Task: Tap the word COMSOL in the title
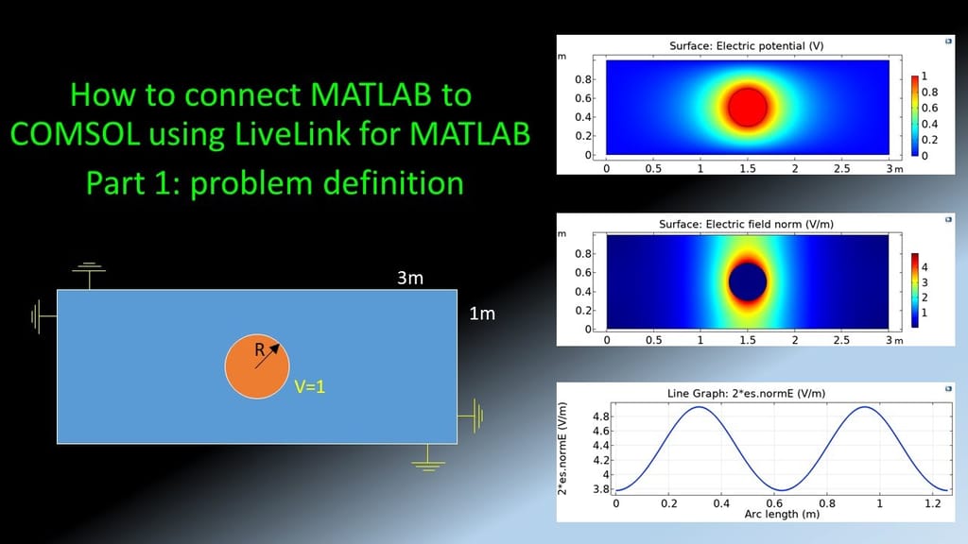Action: (x=76, y=133)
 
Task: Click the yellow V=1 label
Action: (x=309, y=386)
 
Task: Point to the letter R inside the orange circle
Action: (x=260, y=349)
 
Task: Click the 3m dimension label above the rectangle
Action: (x=410, y=279)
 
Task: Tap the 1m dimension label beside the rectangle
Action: (x=482, y=314)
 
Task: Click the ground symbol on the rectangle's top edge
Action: (x=89, y=275)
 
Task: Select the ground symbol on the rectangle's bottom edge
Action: (x=428, y=458)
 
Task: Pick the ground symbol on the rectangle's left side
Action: (x=43, y=316)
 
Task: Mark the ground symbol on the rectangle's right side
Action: (x=471, y=416)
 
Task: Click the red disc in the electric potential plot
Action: (x=748, y=108)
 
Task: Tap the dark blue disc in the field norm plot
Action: (x=748, y=281)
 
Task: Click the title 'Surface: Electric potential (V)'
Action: (x=747, y=45)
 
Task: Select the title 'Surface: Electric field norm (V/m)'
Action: (x=747, y=224)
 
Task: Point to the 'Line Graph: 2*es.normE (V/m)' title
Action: (x=747, y=394)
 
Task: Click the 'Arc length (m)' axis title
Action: (x=782, y=514)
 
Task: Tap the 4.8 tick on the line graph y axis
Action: (x=600, y=416)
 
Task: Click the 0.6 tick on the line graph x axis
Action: (x=774, y=503)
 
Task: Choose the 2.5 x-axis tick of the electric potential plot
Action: (x=841, y=168)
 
